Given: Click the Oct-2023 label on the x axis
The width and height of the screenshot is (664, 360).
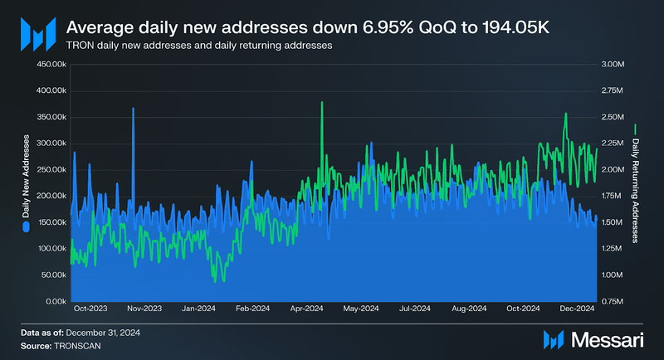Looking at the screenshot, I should [x=90, y=309].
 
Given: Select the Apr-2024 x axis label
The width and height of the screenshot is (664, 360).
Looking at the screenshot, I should [x=306, y=309].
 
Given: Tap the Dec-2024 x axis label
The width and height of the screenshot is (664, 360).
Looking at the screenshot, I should [x=577, y=309].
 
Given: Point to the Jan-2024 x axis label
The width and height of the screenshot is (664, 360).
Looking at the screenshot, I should [x=198, y=309].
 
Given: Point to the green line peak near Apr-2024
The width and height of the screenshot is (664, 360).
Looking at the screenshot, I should [x=321, y=104].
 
